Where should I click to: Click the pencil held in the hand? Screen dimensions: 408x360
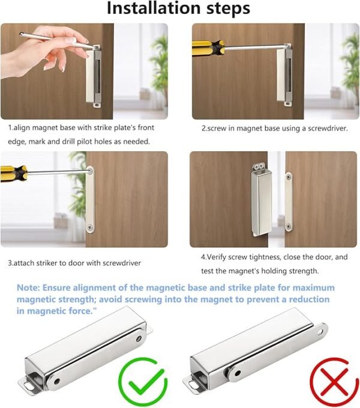[x=54, y=40]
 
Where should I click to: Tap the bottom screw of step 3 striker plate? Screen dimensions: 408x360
[x=90, y=227]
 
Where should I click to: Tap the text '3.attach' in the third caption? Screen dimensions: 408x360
[x=23, y=263]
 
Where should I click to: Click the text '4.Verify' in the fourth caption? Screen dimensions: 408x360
[x=217, y=257]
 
